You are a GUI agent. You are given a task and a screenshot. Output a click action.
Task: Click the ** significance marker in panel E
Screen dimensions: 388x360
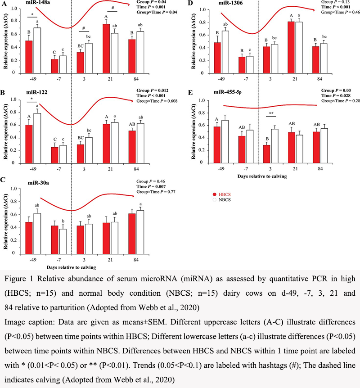point(272,126)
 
